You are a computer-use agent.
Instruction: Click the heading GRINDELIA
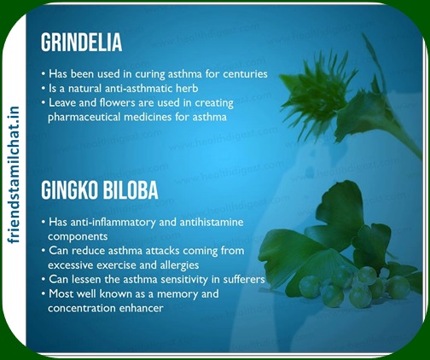coord(82,43)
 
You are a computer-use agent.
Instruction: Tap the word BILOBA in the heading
coord(131,190)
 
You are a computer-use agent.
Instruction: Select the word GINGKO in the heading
coord(70,190)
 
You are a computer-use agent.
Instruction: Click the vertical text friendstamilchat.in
coord(14,175)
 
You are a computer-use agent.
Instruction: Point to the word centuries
coord(245,74)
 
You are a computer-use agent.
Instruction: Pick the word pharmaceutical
coord(84,117)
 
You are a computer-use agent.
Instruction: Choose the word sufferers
coord(244,279)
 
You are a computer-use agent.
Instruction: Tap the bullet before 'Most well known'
coord(44,293)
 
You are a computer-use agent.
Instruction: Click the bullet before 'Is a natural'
coord(44,89)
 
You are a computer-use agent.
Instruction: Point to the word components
coord(78,236)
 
